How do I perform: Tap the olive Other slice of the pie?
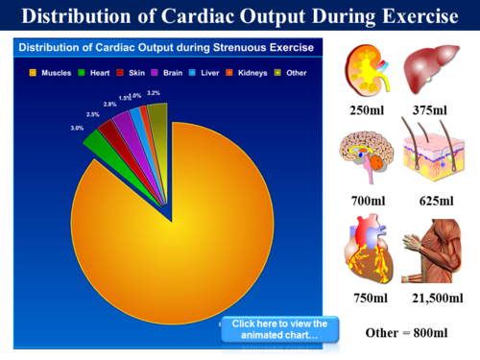(x=158, y=116)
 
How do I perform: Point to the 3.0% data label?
(x=77, y=128)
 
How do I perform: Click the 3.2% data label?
(x=154, y=93)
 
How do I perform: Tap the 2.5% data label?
(x=92, y=114)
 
